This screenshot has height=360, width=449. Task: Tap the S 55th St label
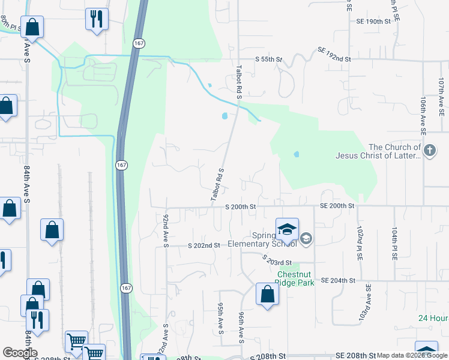tap(268, 59)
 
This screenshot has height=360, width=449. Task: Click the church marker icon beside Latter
tap(430, 151)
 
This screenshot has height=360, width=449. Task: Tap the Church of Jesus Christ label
tap(395, 152)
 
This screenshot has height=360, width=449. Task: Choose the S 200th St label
tap(241, 206)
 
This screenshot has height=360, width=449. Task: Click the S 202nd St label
tap(204, 245)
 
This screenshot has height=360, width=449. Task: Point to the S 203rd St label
tap(277, 259)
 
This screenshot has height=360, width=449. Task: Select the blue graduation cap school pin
tap(287, 230)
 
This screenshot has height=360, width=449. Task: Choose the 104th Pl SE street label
tap(395, 243)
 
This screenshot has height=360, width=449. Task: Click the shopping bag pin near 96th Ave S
tap(267, 295)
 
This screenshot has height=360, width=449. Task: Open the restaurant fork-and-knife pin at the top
tap(96, 19)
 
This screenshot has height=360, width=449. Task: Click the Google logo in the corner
tap(20, 353)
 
